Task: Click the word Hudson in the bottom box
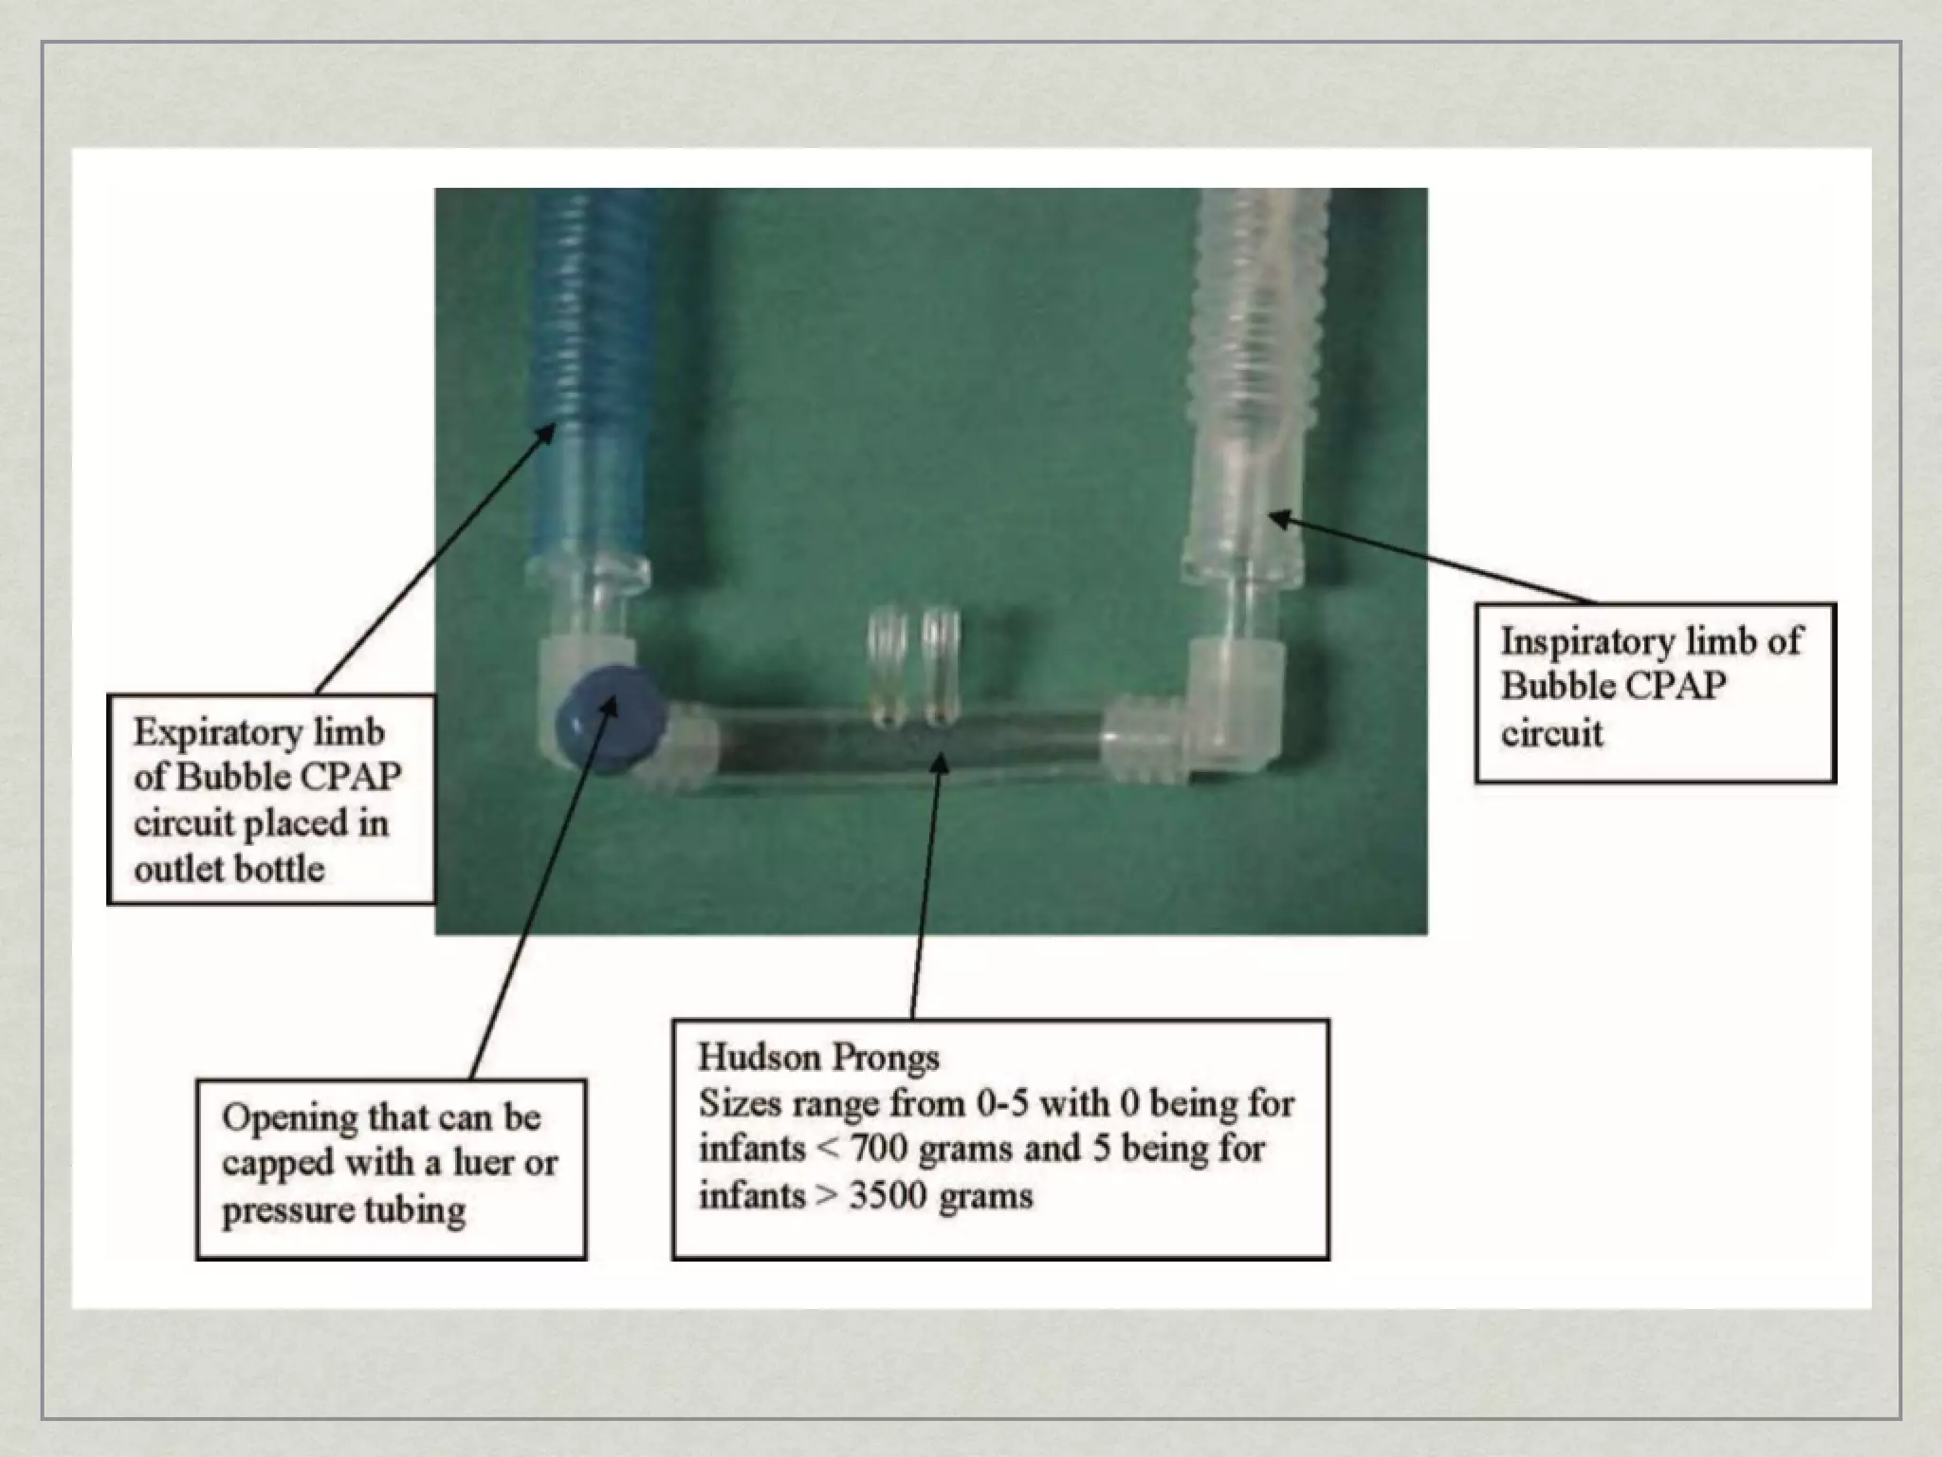coord(758,1058)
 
